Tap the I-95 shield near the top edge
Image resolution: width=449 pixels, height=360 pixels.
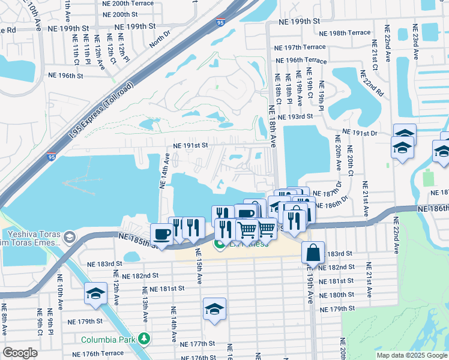(x=221, y=22)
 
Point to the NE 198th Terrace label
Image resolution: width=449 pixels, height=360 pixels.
(x=345, y=32)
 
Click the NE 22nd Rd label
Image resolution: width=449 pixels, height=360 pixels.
(x=371, y=84)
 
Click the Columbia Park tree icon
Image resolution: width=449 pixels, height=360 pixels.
(x=143, y=338)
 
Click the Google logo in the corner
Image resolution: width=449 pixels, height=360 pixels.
(x=20, y=353)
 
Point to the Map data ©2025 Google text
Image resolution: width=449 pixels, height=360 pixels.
(x=411, y=355)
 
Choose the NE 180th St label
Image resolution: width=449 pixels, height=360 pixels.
(x=337, y=295)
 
